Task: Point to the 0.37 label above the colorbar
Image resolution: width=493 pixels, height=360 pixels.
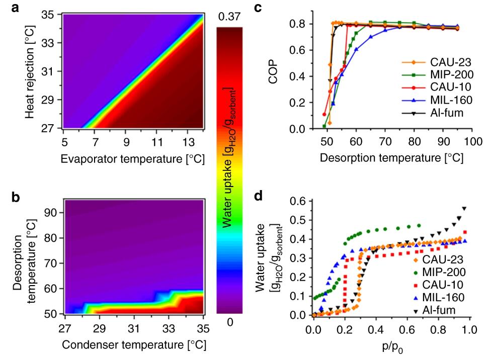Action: coord(229,18)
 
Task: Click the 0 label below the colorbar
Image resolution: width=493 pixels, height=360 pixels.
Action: coord(229,322)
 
